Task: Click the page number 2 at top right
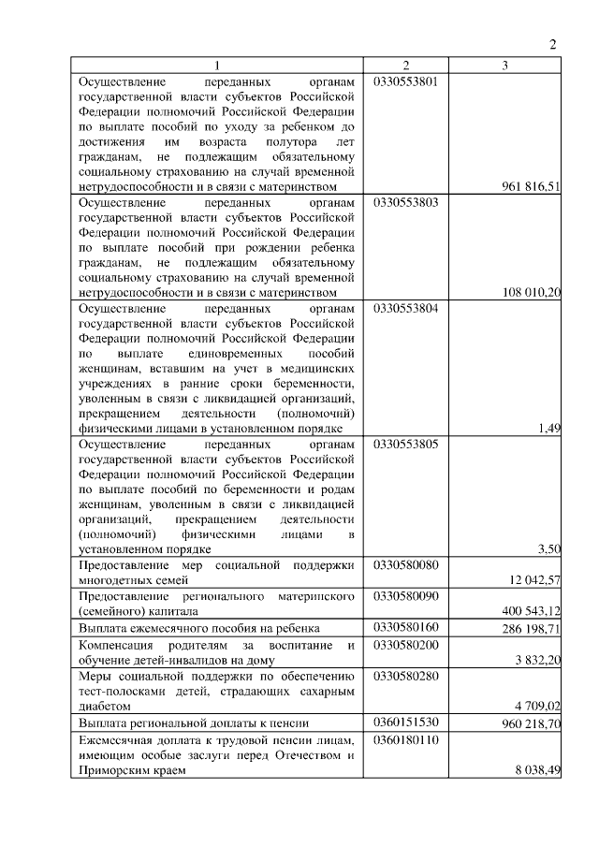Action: (553, 44)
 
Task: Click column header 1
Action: (216, 66)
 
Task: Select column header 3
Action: (504, 66)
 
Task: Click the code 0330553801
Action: (405, 81)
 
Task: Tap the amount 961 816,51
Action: (531, 186)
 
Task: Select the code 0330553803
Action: (405, 201)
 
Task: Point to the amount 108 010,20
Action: (531, 292)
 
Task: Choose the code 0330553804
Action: (405, 307)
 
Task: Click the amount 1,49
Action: (549, 428)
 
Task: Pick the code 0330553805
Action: (405, 443)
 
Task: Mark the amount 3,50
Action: (549, 548)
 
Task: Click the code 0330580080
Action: (405, 564)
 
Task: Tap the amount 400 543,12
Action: (531, 610)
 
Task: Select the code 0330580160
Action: (405, 627)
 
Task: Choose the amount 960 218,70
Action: (531, 723)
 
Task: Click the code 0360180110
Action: (405, 739)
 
